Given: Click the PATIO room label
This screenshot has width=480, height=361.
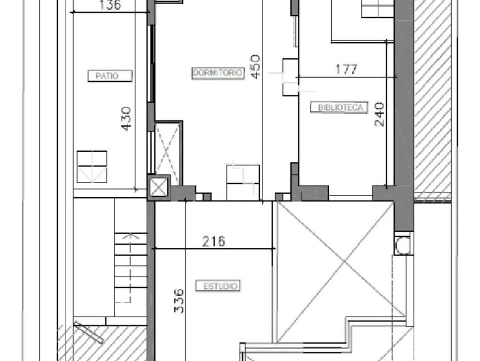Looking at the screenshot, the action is coord(110,76).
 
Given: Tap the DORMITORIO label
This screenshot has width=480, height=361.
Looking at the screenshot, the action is coord(218,73).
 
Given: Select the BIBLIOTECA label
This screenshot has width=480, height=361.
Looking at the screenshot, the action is coord(339,107).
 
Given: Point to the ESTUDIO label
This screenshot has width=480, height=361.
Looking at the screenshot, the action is coord(218,286).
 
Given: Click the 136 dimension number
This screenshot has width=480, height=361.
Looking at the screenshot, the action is coord(110,5).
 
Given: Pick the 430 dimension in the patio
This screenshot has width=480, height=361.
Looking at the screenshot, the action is coord(126,119).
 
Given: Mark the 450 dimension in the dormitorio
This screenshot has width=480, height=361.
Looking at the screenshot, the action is coord(255,67).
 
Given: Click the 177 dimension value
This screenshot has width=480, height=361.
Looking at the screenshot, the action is coord(346,69).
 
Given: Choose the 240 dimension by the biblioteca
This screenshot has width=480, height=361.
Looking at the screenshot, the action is coord(379,114).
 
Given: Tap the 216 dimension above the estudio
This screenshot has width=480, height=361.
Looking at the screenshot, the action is coord(214,241).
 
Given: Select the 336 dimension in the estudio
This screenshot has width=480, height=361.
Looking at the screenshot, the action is coord(179,301).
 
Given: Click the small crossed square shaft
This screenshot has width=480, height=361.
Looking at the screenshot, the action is coord(159,188).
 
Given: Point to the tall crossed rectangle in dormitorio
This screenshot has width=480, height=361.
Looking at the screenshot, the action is coord(168,153).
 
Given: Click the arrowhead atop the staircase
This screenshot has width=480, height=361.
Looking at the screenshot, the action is coord(131,236).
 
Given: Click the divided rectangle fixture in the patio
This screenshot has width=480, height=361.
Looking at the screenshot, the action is coord(92,167).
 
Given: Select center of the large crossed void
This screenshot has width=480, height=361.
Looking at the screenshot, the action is coord(345,261).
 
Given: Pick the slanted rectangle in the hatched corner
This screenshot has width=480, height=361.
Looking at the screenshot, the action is coord(88,332).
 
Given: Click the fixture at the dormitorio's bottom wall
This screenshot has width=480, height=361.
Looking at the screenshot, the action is coord(243,183).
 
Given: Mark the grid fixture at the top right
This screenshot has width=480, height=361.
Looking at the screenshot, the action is coord(378,9).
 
